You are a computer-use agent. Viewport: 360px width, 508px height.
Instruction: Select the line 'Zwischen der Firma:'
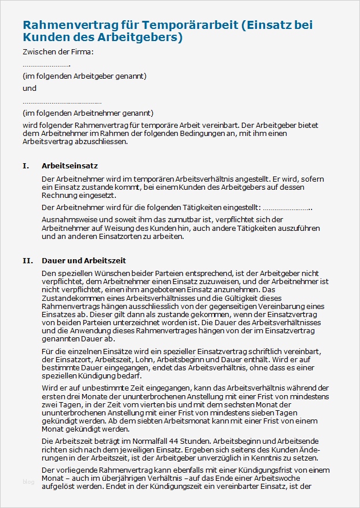pos(58,52)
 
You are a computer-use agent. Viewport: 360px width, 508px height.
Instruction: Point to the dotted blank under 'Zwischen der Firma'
pos(46,65)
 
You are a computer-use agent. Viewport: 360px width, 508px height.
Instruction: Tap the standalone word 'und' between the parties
pos(30,89)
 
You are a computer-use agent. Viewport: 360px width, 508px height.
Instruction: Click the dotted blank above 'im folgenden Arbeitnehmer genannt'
pos(62,102)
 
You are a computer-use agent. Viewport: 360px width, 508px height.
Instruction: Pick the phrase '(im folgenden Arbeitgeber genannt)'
pos(85,76)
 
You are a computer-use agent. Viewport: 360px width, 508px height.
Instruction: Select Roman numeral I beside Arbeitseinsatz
pos(25,166)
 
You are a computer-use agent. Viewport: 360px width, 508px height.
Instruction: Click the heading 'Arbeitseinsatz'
pos(65,166)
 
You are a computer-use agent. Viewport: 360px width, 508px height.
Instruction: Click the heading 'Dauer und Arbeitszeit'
pos(84,261)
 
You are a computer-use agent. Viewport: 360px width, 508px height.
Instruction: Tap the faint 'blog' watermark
pos(28,482)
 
